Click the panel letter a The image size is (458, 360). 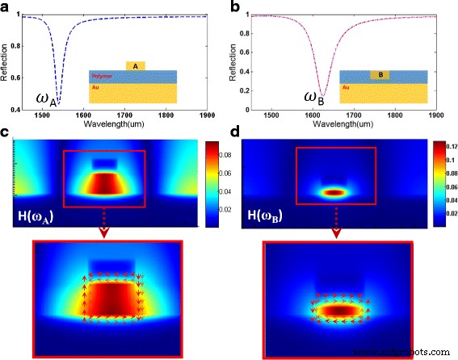click(x=6, y=7)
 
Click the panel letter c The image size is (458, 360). click(x=6, y=132)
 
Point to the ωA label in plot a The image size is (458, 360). click(x=44, y=99)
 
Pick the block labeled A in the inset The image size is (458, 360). click(x=136, y=66)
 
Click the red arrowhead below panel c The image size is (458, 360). click(x=107, y=235)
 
